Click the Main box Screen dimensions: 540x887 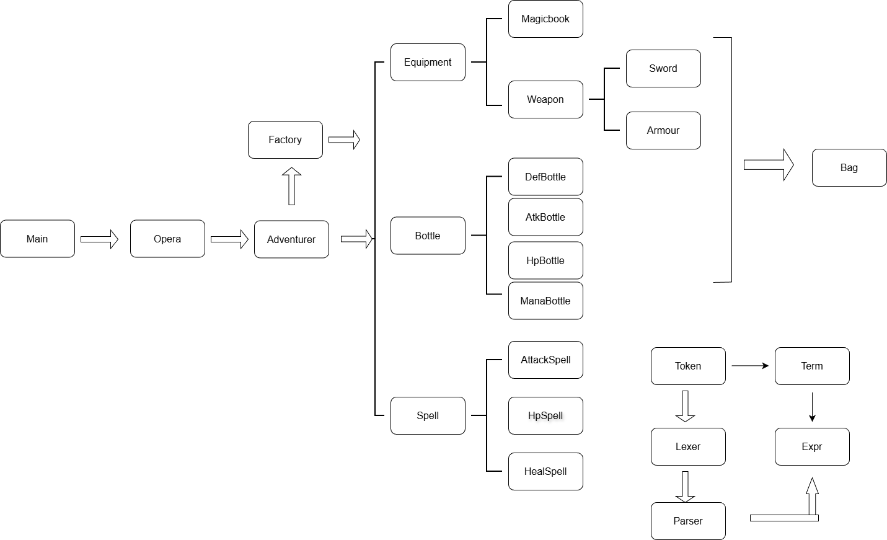pos(37,239)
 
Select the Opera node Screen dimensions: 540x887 pos(167,239)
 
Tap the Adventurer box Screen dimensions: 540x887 pos(291,239)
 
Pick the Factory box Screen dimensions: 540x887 pos(285,139)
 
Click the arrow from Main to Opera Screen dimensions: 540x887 pos(99,239)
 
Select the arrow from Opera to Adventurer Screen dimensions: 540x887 pos(229,239)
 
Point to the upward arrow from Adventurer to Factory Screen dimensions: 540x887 pos(291,186)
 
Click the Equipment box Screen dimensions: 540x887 pos(428,62)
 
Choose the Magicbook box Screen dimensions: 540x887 pos(545,19)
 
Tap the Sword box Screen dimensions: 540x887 pos(663,68)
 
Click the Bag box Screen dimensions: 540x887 pos(849,167)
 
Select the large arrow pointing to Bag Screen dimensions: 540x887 pos(769,165)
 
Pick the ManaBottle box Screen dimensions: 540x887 pos(545,301)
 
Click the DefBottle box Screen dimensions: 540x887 pos(545,177)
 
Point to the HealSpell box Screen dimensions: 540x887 pos(545,471)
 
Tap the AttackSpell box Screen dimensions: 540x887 pos(545,360)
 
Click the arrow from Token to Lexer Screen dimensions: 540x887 pos(685,406)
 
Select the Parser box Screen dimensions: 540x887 pos(688,521)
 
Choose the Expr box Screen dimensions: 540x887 pos(812,446)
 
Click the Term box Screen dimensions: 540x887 pos(812,366)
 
